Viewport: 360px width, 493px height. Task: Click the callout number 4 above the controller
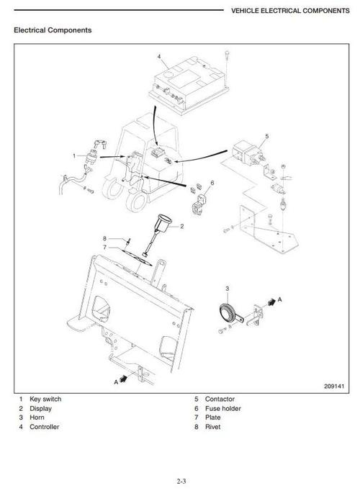point(159,57)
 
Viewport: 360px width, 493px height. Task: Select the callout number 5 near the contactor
point(267,137)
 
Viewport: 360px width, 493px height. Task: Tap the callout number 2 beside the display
point(181,227)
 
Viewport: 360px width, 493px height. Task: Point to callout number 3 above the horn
point(228,289)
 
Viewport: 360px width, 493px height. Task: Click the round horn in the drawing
point(228,312)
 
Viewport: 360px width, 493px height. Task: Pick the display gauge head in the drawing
point(164,223)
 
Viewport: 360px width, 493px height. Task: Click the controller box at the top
point(189,85)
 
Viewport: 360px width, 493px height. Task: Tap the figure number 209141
point(334,386)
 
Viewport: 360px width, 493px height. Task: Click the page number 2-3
point(181,481)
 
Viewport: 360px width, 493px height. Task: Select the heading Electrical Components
point(53,30)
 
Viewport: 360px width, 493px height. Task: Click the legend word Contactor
point(220,399)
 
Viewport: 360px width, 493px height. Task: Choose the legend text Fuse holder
point(223,408)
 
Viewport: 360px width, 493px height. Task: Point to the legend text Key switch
point(45,399)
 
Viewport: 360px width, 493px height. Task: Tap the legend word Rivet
point(213,427)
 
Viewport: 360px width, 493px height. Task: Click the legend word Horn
point(37,417)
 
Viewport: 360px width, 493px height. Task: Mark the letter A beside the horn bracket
point(280,299)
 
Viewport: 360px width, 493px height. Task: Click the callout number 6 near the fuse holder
point(212,183)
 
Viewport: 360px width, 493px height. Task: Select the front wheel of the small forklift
point(136,202)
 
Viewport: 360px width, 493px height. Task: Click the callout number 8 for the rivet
point(105,239)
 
